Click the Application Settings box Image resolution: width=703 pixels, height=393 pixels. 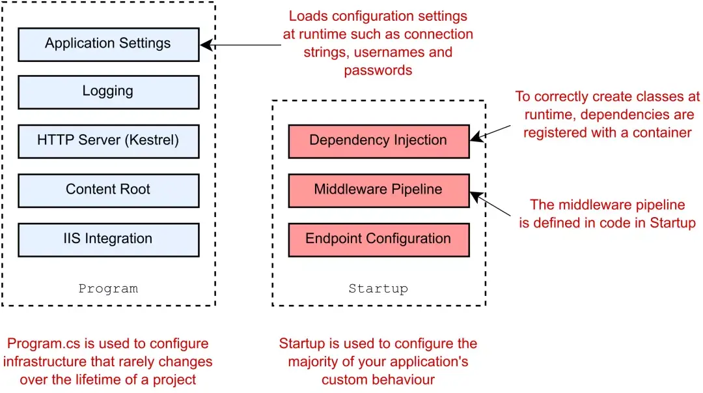108,44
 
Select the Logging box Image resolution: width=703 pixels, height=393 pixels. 108,91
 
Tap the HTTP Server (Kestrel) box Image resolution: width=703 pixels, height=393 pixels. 108,140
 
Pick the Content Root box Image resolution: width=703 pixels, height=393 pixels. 108,190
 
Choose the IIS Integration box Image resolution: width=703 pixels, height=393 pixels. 108,239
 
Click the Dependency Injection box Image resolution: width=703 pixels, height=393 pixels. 378,140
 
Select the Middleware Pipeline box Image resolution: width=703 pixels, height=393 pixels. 378,190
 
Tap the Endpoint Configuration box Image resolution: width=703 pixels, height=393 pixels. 378,239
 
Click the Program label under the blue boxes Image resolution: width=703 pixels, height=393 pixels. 108,288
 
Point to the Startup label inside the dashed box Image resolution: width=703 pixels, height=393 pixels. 378,288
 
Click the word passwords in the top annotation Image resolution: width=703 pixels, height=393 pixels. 378,70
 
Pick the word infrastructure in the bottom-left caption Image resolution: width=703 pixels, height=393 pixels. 42,361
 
